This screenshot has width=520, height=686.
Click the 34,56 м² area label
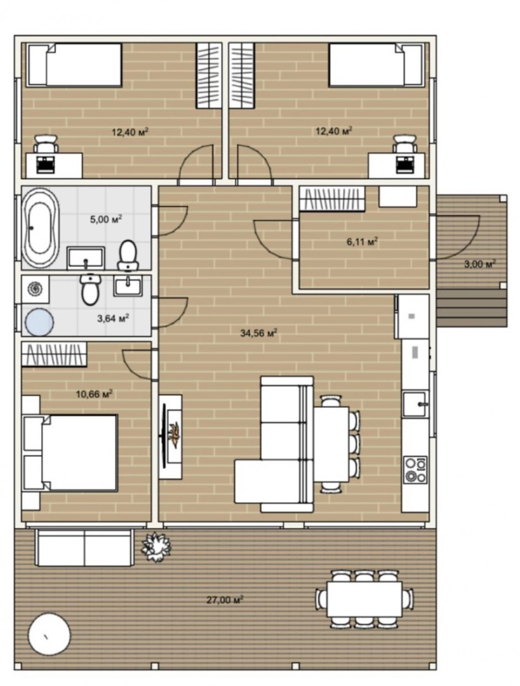coord(259,333)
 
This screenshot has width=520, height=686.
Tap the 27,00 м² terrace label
coord(225,600)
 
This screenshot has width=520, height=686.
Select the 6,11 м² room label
coord(362,241)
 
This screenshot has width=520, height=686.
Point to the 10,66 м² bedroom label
coord(94,394)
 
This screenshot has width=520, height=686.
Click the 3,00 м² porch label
coord(480,264)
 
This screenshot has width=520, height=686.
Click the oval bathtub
coord(40,227)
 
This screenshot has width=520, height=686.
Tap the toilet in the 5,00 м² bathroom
coord(128,255)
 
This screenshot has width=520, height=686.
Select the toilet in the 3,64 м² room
coord(90,289)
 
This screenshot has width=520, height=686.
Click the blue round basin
coord(39,322)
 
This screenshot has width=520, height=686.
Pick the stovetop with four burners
coord(415,469)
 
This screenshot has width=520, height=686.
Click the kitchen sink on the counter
coord(415,404)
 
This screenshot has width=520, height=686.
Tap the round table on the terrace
coord(49,634)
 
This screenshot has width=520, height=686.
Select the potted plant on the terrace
coord(156,545)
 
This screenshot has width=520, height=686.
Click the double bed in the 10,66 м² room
coord(70,452)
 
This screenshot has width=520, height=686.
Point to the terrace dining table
coord(364,598)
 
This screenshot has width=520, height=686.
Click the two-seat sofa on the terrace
coord(84,547)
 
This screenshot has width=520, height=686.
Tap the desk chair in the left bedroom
coord(46,144)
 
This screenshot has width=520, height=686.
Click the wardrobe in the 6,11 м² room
coord(332,199)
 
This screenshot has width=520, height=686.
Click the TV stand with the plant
coord(171,436)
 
